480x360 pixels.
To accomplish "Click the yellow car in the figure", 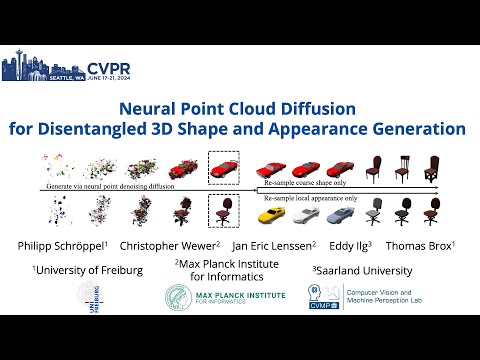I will coord(272,213).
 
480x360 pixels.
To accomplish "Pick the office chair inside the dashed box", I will coord(222,212).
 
